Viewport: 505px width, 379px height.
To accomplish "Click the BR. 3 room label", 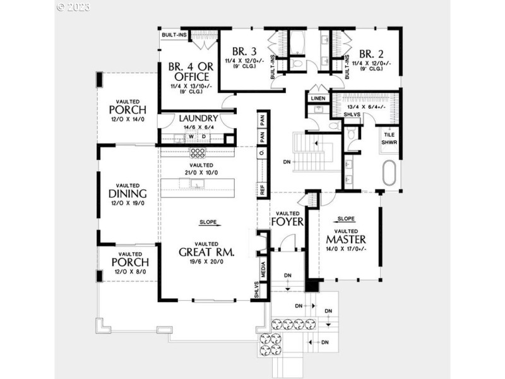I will [243, 52].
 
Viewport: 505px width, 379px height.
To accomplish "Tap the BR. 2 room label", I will [372, 53].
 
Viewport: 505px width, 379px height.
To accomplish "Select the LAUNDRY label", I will [198, 118].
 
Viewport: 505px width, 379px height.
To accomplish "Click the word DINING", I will [128, 194].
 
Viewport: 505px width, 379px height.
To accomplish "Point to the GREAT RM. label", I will [207, 252].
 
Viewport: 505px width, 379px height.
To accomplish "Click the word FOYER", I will [288, 222].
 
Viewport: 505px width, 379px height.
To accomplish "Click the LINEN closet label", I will [317, 99].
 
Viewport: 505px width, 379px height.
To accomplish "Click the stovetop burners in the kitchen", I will [198, 152].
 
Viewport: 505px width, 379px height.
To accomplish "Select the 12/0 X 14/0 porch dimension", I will [127, 119].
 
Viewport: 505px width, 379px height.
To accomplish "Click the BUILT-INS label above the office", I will [174, 35].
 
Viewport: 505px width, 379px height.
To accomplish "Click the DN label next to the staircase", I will [287, 162].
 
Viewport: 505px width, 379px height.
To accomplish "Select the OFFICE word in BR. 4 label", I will [187, 77].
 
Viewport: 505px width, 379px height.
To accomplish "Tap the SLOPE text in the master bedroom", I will [346, 219].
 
